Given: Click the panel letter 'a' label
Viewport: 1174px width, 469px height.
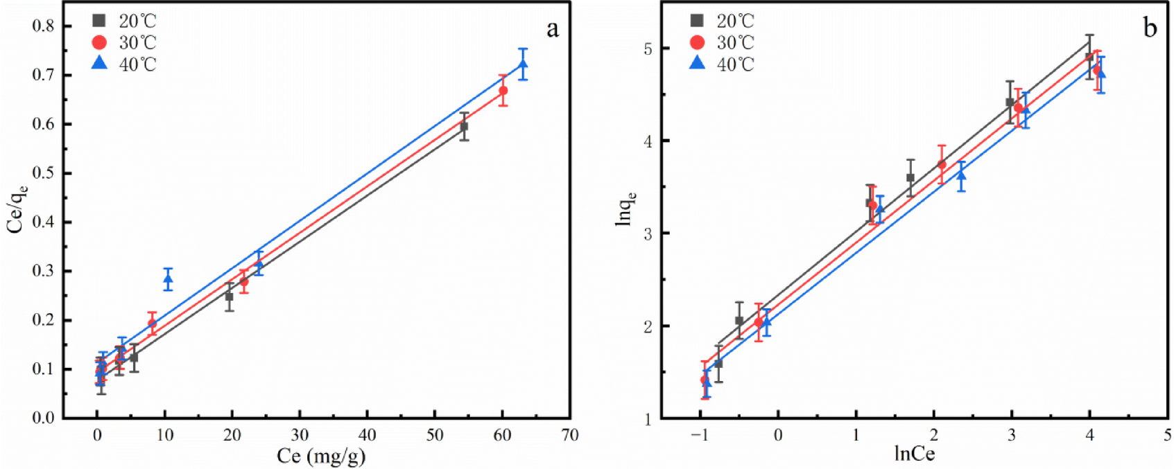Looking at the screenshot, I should coord(552,29).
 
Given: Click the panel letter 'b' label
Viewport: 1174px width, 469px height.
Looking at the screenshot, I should coord(1150,28).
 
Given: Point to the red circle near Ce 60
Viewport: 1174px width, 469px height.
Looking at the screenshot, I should coord(503,91).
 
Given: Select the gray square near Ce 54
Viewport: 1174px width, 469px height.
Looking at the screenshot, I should coord(464,127).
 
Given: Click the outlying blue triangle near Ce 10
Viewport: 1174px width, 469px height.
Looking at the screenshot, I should coord(168,279).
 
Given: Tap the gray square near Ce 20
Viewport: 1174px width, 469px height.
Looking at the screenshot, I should coord(229,297).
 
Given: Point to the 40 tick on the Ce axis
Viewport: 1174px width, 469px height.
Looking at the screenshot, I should coord(367,435).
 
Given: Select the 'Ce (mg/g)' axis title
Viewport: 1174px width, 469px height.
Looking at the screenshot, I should coord(321,456).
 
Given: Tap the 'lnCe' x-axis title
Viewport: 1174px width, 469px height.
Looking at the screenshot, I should coord(914,454).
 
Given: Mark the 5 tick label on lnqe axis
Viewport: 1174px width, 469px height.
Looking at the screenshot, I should coord(648,48).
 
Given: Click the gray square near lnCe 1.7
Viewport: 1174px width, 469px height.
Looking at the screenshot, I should coord(910,178).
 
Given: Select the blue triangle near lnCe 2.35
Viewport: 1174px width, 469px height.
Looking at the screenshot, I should coord(961,175).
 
